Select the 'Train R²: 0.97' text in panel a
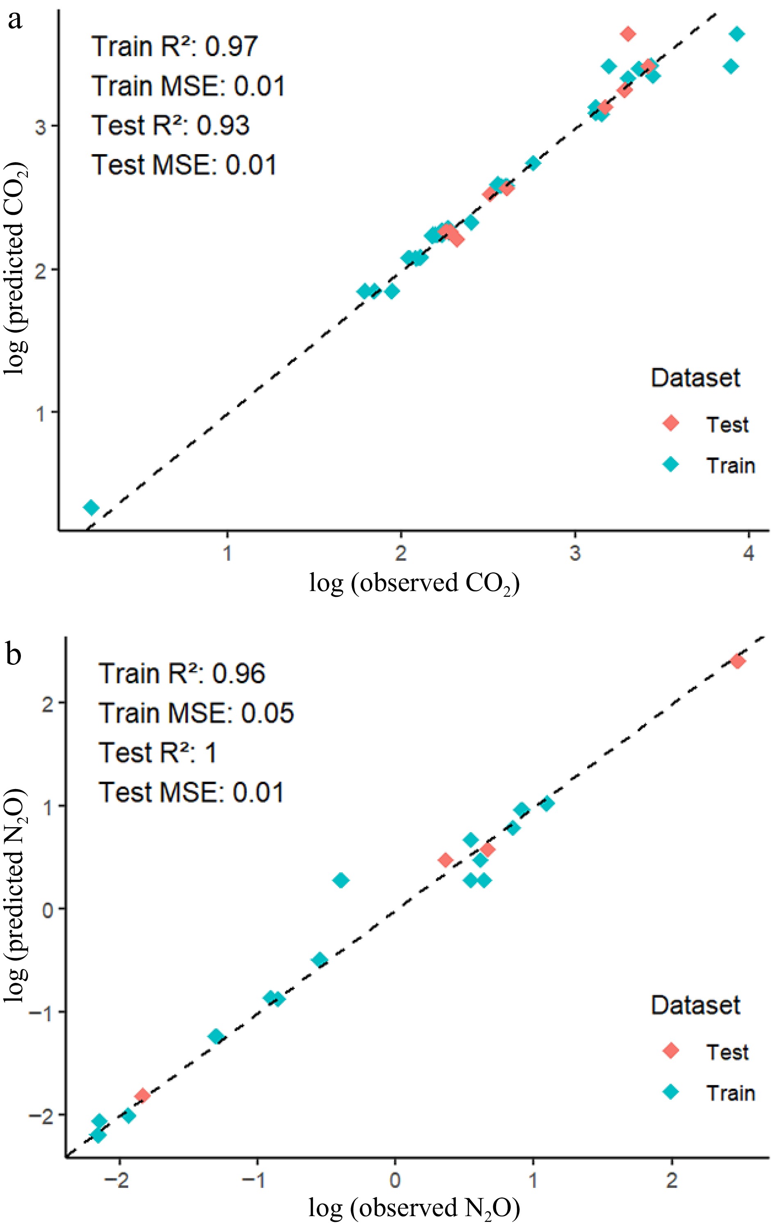[175, 46]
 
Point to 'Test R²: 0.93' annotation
[171, 125]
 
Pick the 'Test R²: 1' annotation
[158, 753]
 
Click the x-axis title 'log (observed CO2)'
[414, 583]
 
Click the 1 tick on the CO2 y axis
[41, 412]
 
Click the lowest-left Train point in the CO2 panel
[91, 507]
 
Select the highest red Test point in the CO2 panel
[628, 34]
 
